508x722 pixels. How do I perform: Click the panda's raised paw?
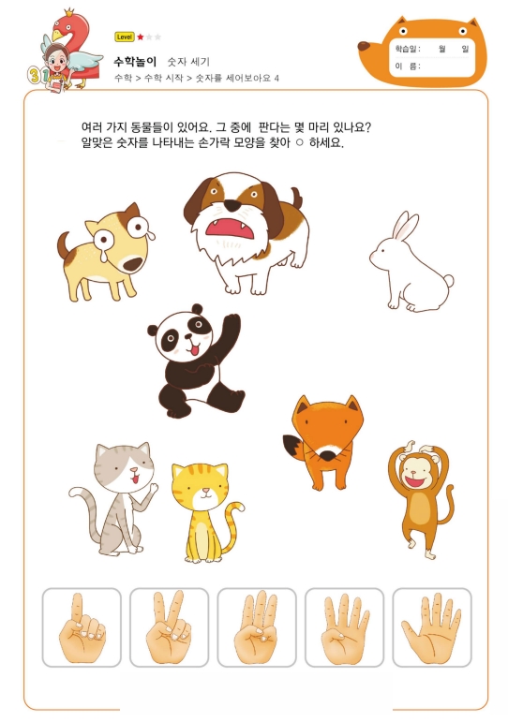[231, 324]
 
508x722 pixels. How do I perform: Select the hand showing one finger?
[82, 627]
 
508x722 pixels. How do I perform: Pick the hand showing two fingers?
[169, 627]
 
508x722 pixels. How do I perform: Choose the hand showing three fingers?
[256, 627]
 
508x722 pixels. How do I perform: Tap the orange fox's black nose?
[328, 456]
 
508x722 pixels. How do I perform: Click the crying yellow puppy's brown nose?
[134, 264]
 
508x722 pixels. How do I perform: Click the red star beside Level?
[141, 37]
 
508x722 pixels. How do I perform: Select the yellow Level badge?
[125, 37]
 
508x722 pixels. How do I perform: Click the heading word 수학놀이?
[135, 61]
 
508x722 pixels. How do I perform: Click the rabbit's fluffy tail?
[447, 281]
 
